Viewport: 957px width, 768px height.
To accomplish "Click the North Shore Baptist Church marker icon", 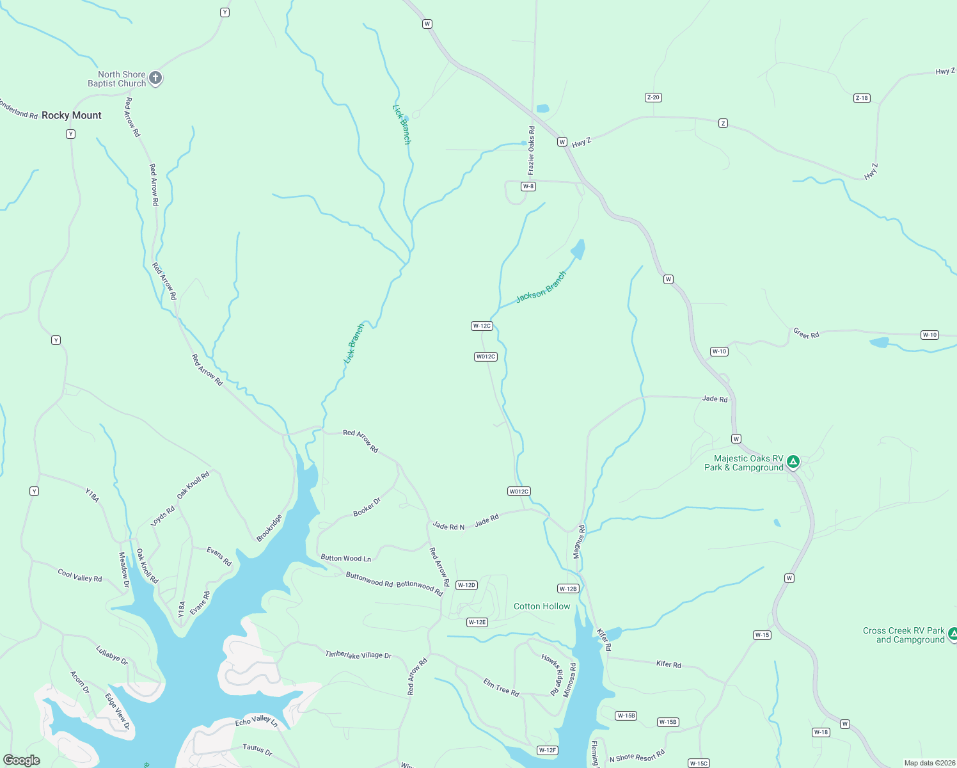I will click(155, 78).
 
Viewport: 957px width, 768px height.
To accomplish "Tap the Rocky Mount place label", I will click(72, 115).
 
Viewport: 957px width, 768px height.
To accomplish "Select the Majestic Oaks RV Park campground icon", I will click(793, 461).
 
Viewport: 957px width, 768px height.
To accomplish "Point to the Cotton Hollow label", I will click(542, 606).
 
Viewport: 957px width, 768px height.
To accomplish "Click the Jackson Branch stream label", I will click(541, 287).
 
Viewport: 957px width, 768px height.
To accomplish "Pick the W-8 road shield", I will click(528, 186).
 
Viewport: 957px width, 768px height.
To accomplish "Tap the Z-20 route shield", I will click(653, 97).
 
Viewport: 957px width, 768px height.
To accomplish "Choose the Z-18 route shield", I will click(862, 98).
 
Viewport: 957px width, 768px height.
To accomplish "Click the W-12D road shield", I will click(466, 585).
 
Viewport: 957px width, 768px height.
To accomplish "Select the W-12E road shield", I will click(477, 622).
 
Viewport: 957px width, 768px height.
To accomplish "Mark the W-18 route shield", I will click(821, 732).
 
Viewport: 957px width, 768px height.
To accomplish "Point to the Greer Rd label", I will click(806, 333).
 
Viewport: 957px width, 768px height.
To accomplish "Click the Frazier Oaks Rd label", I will click(531, 150).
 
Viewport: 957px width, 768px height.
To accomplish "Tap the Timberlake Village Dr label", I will click(358, 655).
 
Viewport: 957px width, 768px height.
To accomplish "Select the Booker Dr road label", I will click(367, 507).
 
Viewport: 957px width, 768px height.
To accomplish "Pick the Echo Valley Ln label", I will click(257, 721).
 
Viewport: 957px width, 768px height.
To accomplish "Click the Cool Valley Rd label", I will click(80, 575).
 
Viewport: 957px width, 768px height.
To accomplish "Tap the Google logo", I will click(22, 760).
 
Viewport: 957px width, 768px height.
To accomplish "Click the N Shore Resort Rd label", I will click(637, 756).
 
